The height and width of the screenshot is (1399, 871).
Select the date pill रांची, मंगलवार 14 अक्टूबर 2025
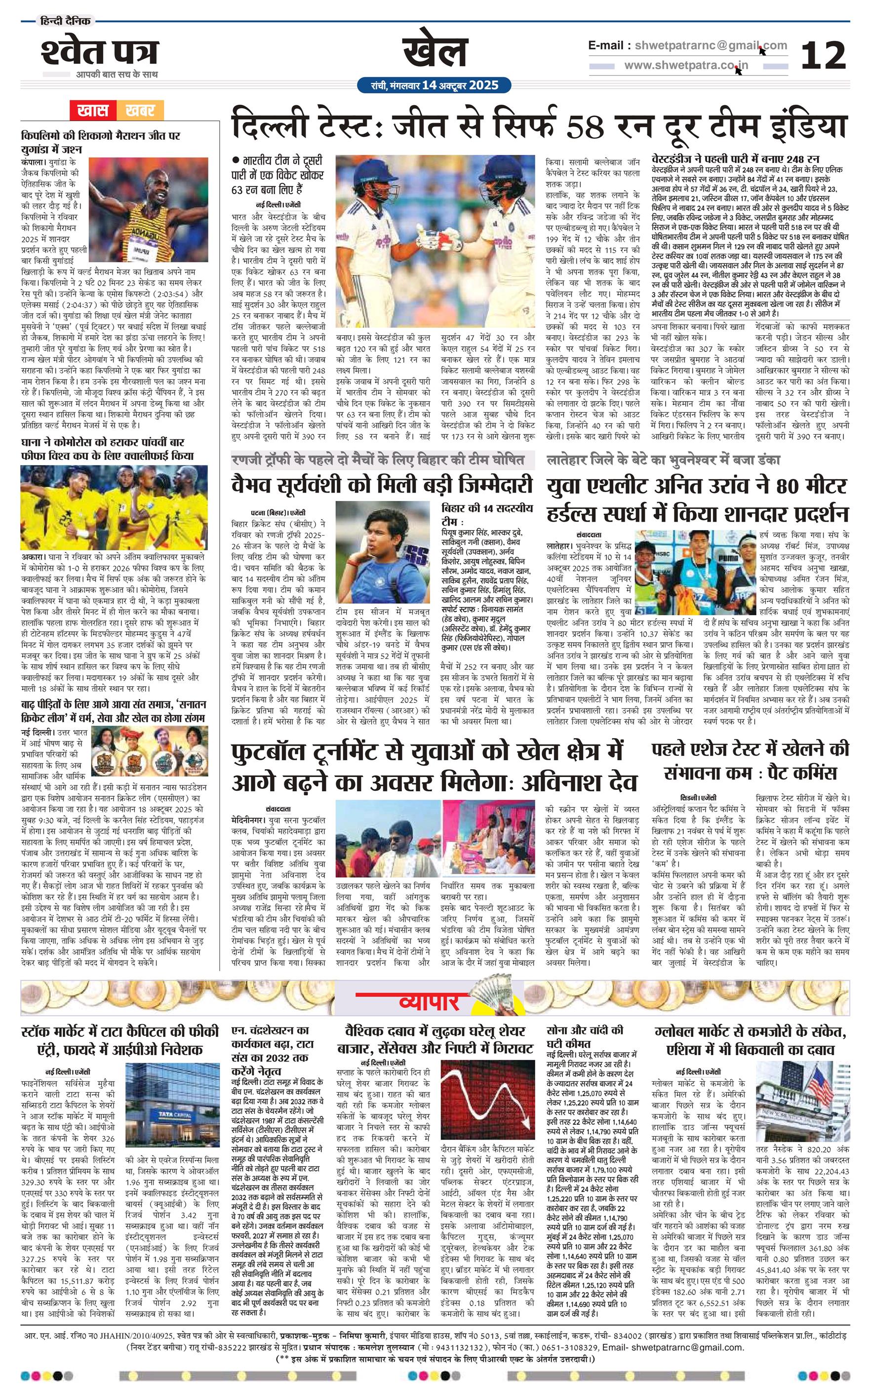(435, 85)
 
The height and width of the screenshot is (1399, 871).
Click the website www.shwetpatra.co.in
(685, 65)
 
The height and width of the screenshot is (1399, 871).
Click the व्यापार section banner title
(429, 1003)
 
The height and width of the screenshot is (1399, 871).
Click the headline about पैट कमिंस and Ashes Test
(750, 761)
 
